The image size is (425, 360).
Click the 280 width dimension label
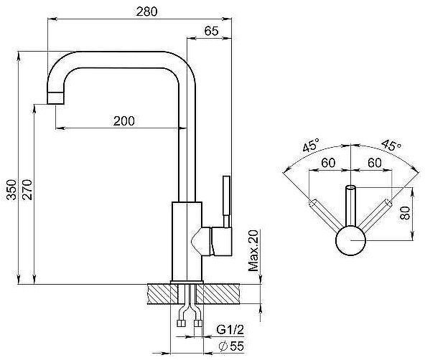pos(146,11)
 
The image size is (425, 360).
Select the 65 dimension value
pos(211,31)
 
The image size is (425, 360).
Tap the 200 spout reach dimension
pos(124,121)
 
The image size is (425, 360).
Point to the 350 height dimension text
pos(11,189)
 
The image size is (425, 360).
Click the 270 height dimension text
pos(27,189)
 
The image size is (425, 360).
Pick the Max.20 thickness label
pos(253,250)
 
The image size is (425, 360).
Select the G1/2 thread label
pos(230,330)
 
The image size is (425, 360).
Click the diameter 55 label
pos(231,346)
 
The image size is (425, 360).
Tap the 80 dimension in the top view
pos(405,213)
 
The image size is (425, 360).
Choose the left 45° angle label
pos(311,146)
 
